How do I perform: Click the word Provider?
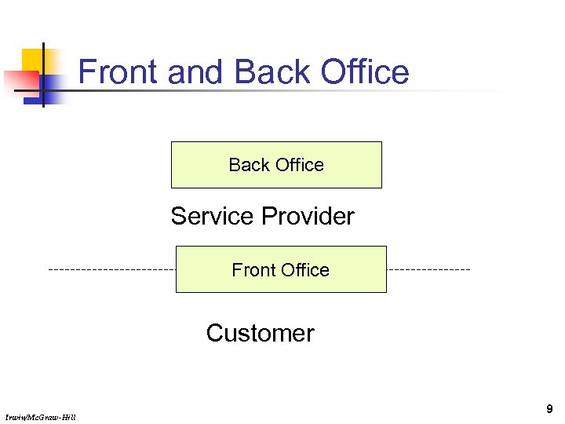point(308,217)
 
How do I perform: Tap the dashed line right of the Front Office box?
point(428,269)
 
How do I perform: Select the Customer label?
point(260,333)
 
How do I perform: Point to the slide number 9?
point(549,409)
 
